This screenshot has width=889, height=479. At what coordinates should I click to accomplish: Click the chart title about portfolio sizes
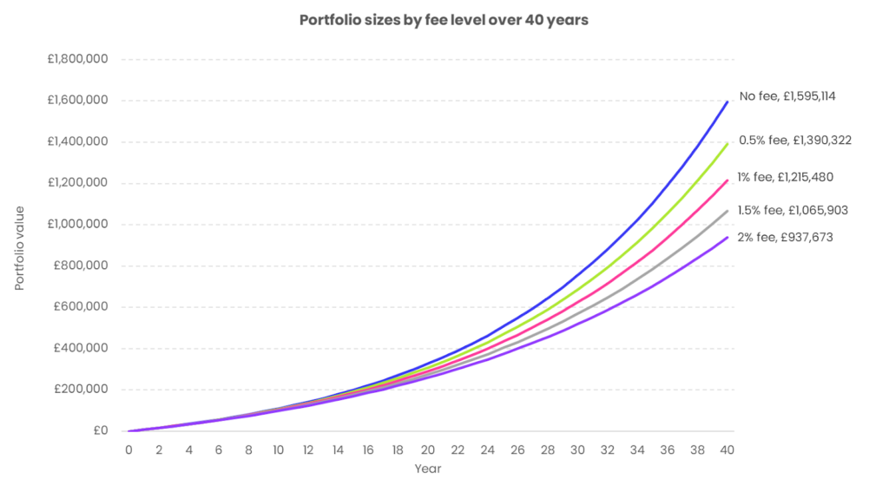click(x=444, y=20)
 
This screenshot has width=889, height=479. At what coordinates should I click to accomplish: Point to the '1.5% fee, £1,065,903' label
click(x=793, y=210)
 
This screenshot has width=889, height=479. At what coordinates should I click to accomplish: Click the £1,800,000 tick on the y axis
click(x=77, y=59)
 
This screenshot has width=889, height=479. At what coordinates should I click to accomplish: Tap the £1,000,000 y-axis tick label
click(x=77, y=225)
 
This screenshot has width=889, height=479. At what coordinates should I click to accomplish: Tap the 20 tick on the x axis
click(x=428, y=449)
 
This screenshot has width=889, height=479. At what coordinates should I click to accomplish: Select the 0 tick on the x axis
click(x=128, y=449)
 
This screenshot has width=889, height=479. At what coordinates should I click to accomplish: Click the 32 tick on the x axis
click(x=608, y=449)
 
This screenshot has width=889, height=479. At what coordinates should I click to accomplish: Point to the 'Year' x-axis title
click(x=428, y=469)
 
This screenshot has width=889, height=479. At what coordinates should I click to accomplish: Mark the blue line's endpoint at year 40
click(x=728, y=102)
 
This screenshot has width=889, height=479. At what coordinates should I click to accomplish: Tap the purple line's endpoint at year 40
click(x=728, y=237)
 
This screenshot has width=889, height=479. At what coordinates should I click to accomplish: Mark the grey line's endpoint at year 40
click(x=728, y=211)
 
